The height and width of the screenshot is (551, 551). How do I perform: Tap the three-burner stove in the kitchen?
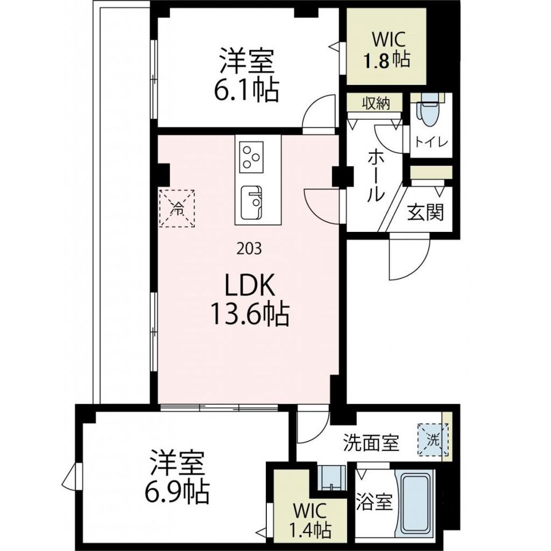252,155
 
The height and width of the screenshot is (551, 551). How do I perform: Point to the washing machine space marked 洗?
433,440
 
